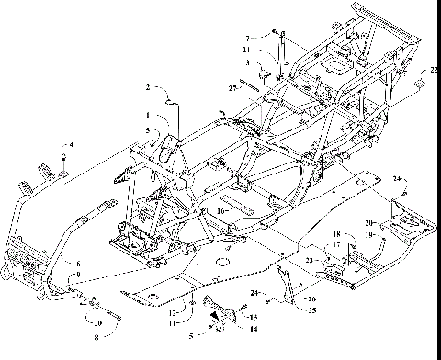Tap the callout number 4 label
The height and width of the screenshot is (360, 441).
tap(72, 144)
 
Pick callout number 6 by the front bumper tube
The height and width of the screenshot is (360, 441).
tap(66, 264)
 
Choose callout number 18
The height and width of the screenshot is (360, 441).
tap(336, 235)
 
